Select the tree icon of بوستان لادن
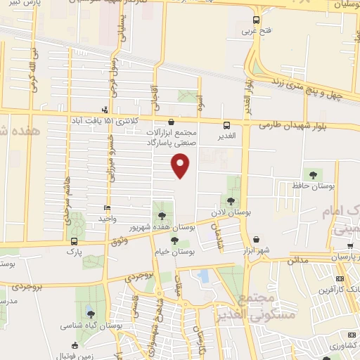pos(232,202)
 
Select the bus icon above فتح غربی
pos(255,20)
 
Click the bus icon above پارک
pos(73,240)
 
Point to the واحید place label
pos(107,219)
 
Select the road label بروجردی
pos(27,287)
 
